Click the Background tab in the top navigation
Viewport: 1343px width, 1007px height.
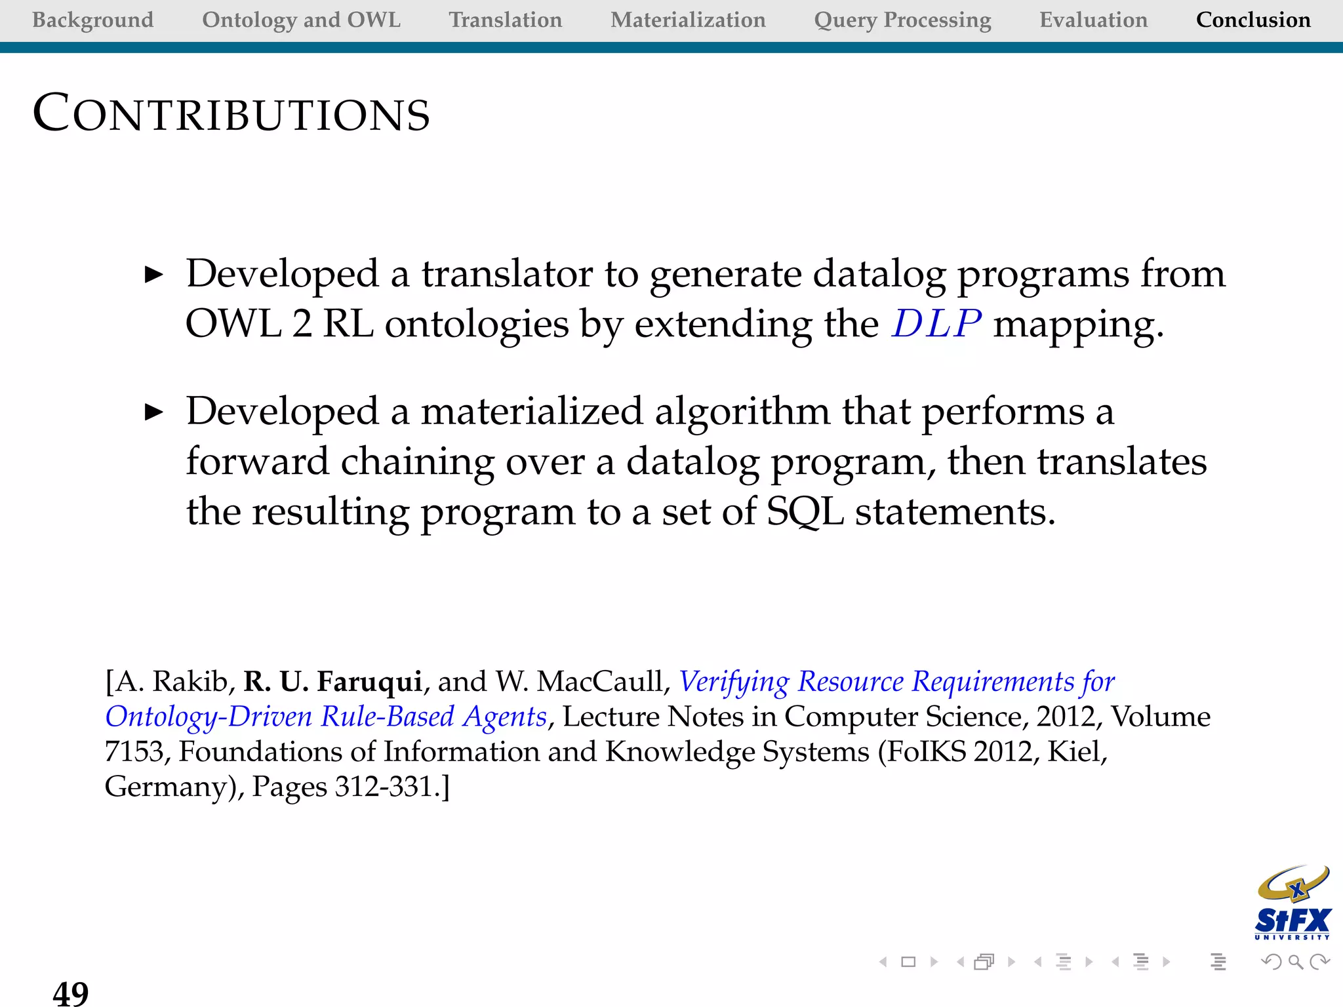(92, 20)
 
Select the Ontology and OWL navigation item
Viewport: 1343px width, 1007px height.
(301, 20)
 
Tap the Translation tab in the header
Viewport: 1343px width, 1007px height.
(505, 20)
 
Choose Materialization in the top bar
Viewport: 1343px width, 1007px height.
(688, 20)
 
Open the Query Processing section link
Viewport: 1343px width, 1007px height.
(902, 20)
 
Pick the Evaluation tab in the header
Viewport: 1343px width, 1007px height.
(1093, 20)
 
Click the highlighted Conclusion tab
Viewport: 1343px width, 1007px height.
(1253, 20)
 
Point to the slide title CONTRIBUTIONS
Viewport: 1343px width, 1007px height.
(231, 113)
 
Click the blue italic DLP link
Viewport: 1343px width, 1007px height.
(936, 323)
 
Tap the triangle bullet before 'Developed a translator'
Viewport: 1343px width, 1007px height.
(153, 275)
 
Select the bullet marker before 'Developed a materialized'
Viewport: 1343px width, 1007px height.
(153, 412)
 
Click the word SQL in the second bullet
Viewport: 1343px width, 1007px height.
(805, 511)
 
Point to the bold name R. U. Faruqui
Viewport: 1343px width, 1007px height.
(332, 682)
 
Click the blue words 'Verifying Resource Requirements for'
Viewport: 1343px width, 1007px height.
(896, 682)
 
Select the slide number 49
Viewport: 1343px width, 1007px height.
(70, 993)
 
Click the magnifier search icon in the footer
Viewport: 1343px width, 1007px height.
(1295, 962)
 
